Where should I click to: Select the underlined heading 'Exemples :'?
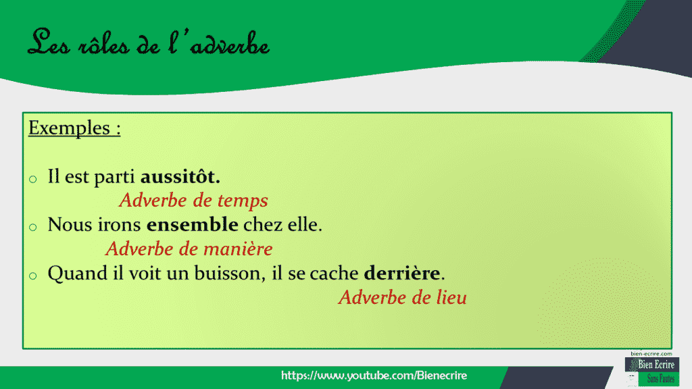pyautogui.click(x=74, y=128)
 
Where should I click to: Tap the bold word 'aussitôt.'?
pyautogui.click(x=180, y=178)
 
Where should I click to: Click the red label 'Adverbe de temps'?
pyautogui.click(x=193, y=201)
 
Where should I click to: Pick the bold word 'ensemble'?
pyautogui.click(x=193, y=225)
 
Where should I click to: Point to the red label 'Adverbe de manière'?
pyautogui.click(x=189, y=249)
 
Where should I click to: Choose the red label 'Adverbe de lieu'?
pyautogui.click(x=403, y=297)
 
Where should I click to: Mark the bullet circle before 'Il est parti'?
pyautogui.click(x=32, y=180)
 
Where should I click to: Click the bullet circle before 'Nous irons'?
pyautogui.click(x=32, y=227)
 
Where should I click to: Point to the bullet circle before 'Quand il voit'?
pyautogui.click(x=32, y=276)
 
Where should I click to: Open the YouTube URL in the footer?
pyautogui.click(x=374, y=375)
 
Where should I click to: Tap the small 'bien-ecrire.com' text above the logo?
pyautogui.click(x=651, y=353)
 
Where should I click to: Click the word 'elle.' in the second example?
pyautogui.click(x=305, y=225)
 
